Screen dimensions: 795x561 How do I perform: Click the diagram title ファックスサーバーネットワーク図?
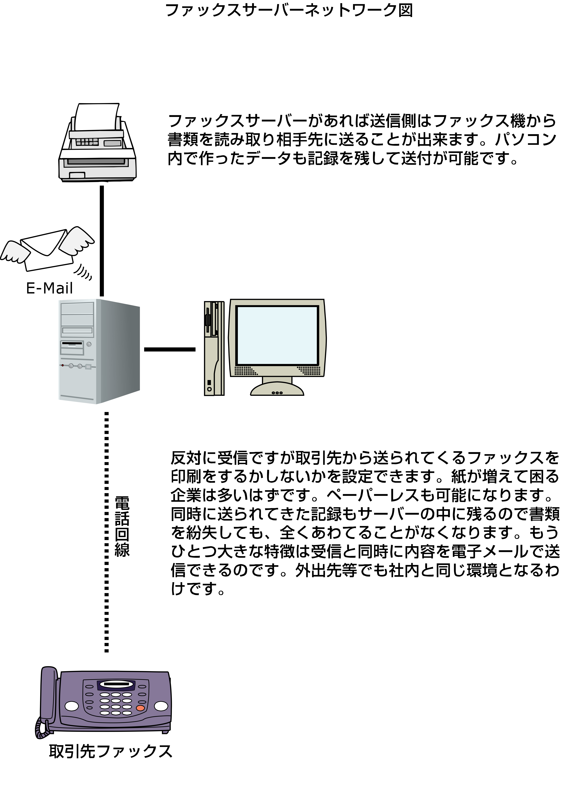coord(289,10)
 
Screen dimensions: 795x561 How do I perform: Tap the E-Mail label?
coord(49,288)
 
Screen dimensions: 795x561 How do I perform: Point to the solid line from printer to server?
coord(102,241)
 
